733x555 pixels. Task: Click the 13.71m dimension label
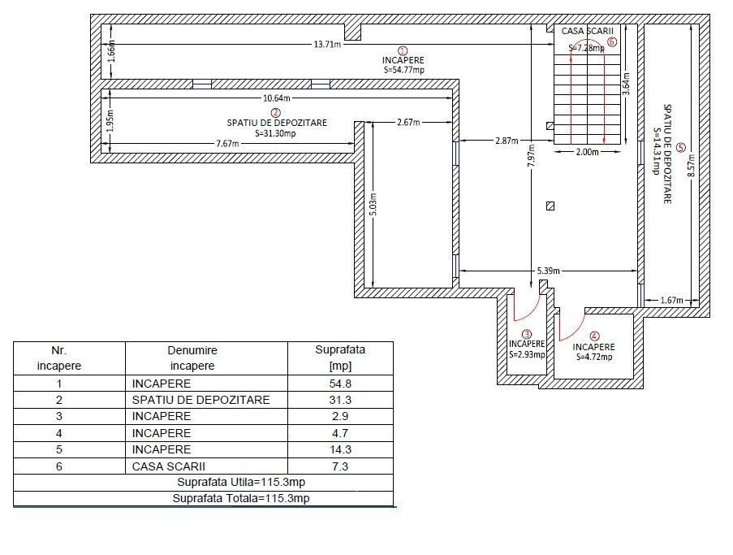[326, 45]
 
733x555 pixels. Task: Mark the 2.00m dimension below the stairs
[588, 152]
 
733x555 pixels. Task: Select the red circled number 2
[276, 112]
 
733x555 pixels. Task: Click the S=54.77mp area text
[404, 70]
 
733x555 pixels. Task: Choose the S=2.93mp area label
[527, 354]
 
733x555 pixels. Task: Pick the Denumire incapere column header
[192, 358]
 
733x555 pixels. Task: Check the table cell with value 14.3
[340, 449]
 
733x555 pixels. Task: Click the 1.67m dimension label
[671, 301]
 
